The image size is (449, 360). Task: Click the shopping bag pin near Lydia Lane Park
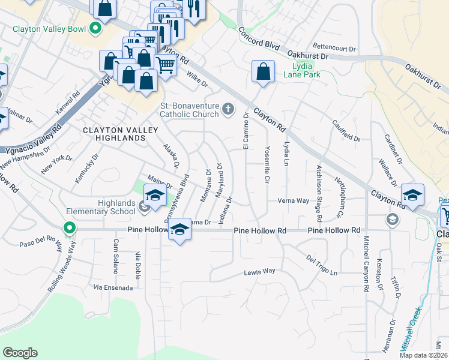pyautogui.click(x=263, y=71)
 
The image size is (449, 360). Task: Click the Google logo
pyautogui.click(x=20, y=353)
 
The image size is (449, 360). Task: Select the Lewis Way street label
pyautogui.click(x=259, y=272)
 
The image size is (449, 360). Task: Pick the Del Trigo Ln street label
pyautogui.click(x=322, y=265)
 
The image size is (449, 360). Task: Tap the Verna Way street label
pyautogui.click(x=293, y=200)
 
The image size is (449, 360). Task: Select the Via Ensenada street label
pyautogui.click(x=113, y=288)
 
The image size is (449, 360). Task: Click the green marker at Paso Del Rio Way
pyautogui.click(x=70, y=229)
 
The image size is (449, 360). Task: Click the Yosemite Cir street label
pyautogui.click(x=266, y=162)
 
